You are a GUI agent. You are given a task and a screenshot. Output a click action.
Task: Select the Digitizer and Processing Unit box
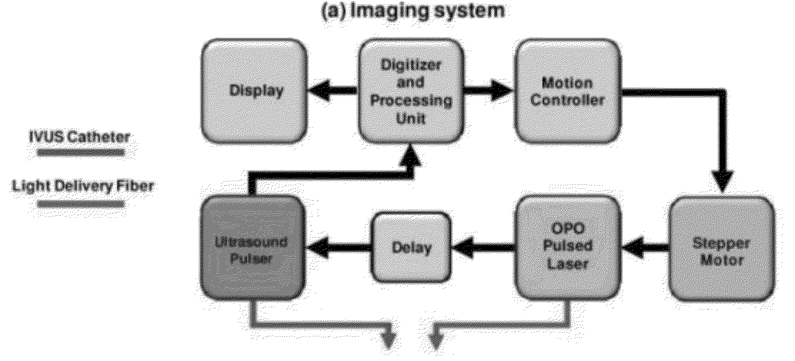[x=411, y=91]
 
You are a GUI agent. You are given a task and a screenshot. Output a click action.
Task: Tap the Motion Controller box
[x=568, y=91]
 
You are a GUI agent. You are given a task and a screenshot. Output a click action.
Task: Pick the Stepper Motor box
[x=721, y=249]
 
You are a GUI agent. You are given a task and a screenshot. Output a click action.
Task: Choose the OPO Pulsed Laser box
[x=568, y=248]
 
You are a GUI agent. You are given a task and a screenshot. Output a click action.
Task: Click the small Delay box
[x=411, y=248]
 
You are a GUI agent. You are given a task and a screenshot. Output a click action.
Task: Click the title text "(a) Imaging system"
[x=413, y=10]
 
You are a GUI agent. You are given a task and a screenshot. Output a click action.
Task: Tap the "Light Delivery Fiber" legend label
[x=82, y=186]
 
